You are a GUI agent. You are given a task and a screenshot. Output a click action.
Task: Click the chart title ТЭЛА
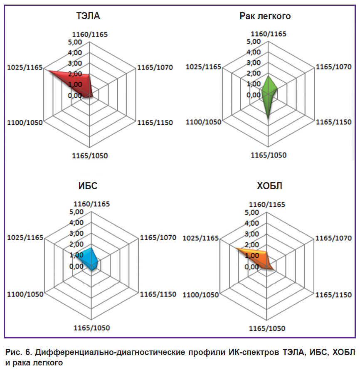[88, 16]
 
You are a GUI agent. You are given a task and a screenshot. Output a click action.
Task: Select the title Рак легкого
[265, 16]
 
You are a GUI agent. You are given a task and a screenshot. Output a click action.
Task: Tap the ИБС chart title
[88, 186]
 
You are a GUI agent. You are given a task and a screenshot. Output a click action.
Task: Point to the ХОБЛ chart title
[269, 186]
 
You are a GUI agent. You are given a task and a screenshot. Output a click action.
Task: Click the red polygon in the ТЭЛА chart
[78, 83]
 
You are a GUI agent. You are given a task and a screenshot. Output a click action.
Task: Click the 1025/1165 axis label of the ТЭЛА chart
[25, 67]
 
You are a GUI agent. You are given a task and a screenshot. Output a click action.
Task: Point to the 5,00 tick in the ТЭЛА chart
[75, 42]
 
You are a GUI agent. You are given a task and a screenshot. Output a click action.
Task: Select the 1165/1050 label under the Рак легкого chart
[269, 155]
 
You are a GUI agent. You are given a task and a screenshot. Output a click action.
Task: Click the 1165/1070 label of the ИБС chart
[158, 237]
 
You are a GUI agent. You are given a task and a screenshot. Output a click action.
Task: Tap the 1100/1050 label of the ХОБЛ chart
[201, 295]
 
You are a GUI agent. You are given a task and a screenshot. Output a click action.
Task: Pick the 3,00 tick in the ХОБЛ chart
[252, 234]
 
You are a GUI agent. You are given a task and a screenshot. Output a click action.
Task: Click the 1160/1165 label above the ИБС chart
[91, 204]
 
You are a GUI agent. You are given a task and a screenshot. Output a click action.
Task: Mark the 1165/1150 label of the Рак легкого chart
[333, 122]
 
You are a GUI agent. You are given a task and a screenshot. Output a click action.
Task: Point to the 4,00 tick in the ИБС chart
[76, 222]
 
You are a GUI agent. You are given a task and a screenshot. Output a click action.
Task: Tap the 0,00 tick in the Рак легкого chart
[254, 95]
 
